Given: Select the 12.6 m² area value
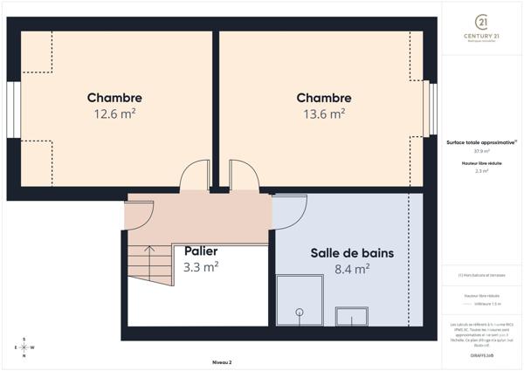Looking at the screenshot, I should point(114,113).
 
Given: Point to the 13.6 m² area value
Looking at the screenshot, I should point(324,113).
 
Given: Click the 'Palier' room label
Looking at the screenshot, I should point(201,251).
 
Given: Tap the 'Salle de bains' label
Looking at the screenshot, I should point(352,253).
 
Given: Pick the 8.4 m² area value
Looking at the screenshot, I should point(352,269).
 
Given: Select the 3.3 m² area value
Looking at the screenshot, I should point(201,267).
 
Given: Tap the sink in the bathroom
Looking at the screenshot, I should point(354,316).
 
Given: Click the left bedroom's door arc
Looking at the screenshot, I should point(194,176).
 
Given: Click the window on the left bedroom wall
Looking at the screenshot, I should point(13,110).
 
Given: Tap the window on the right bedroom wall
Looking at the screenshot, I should point(430,109).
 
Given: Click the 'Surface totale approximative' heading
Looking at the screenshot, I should point(481,141).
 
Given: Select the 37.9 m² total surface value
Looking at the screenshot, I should point(481,151).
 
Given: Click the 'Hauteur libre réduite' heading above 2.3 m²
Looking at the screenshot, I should point(481,163).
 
